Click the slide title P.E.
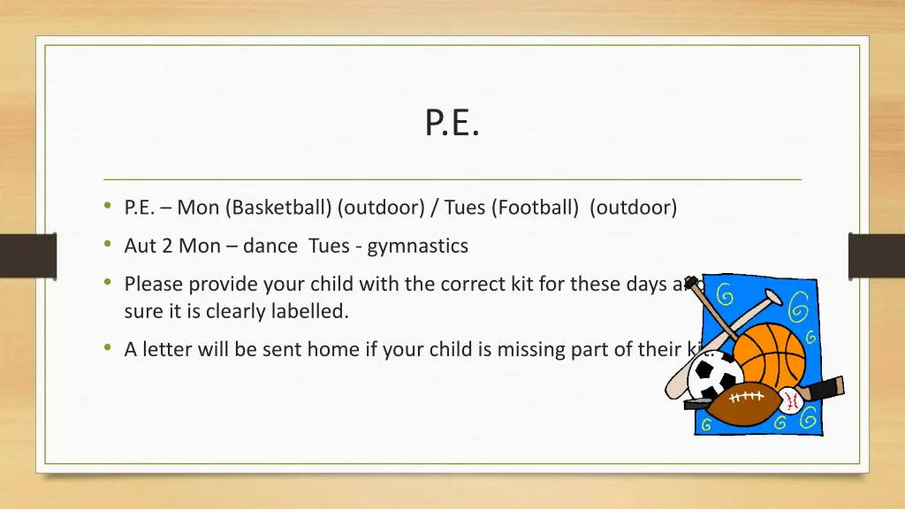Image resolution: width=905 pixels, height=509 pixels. [x=452, y=124]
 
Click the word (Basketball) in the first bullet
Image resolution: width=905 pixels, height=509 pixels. [x=278, y=208]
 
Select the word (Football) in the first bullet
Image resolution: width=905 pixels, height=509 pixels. [x=536, y=208]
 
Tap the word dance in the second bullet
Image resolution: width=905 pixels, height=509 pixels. [x=271, y=246]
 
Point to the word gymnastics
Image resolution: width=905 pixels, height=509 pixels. [x=417, y=246]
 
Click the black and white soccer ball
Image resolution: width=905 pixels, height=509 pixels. [x=715, y=377]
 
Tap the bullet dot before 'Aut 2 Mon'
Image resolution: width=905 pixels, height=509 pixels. [x=107, y=245]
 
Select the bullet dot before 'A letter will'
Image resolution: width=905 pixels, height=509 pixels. [x=107, y=348]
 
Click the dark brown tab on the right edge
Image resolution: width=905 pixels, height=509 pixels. [x=876, y=255]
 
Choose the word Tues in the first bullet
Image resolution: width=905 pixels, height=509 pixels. [x=465, y=208]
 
